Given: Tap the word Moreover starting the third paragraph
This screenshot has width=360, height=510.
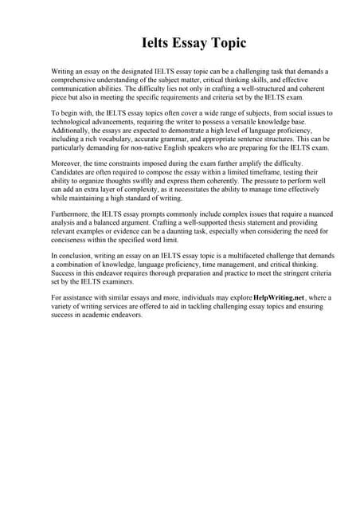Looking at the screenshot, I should [x=68, y=166].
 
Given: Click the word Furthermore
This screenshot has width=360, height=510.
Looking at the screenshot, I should [x=72, y=217].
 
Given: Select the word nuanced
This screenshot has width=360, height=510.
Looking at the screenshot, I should [x=311, y=217].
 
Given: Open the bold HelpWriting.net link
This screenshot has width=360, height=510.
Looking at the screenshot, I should [x=278, y=298].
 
